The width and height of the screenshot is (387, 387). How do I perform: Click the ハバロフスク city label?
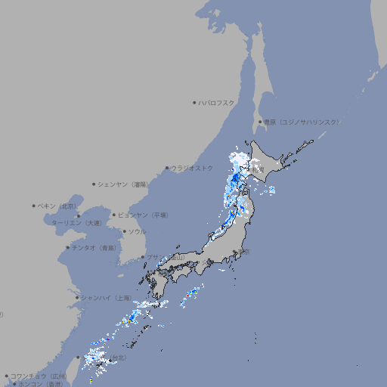[217, 102]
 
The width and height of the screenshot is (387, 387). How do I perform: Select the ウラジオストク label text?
[192, 168]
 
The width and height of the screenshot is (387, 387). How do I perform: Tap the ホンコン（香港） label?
[42, 384]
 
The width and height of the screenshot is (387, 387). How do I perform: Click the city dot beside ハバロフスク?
[194, 102]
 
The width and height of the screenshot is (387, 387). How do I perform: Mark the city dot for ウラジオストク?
[167, 168]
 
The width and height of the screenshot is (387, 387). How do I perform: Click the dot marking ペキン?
[34, 206]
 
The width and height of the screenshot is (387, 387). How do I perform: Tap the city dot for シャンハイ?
[77, 298]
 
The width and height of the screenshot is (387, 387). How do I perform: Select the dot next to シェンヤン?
[94, 184]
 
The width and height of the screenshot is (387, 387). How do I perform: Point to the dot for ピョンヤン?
[114, 215]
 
